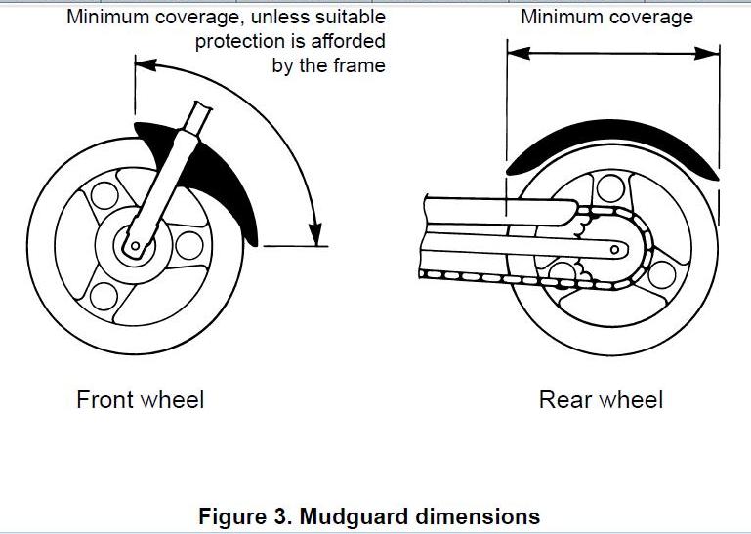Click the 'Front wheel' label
point(141,399)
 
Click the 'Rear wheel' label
point(601,399)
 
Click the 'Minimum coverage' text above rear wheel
point(606,17)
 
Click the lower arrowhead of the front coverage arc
point(314,235)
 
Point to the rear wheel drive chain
point(508,277)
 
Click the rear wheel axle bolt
point(612,250)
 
